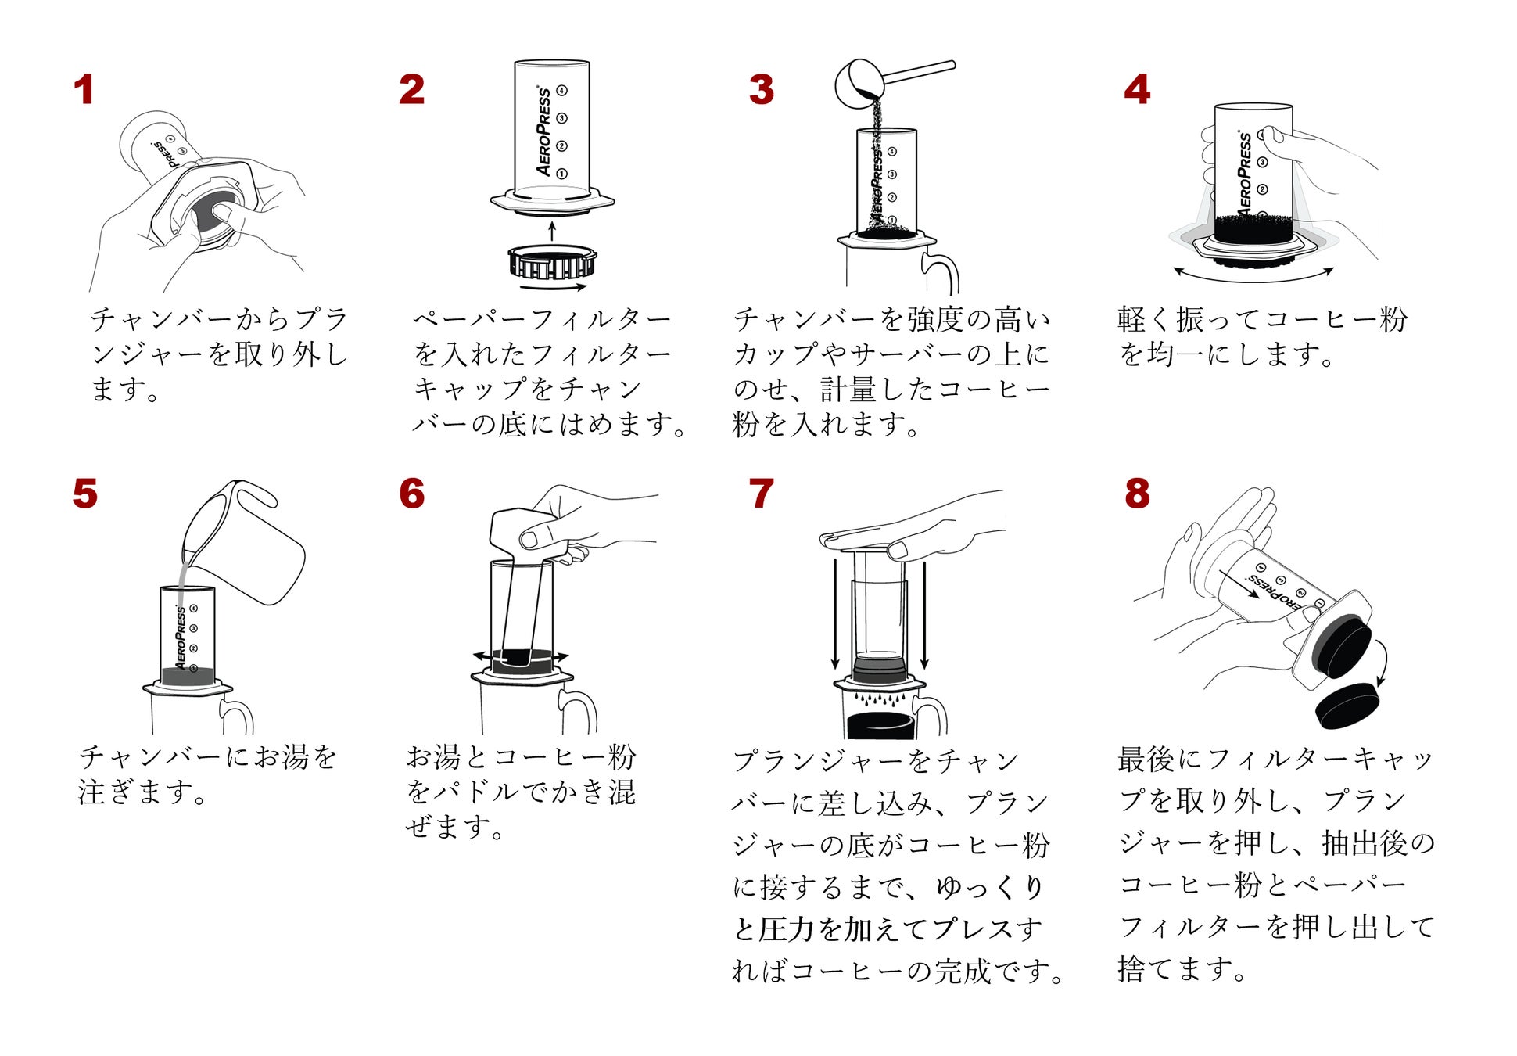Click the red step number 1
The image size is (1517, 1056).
(x=84, y=90)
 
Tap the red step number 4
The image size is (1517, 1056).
(x=1137, y=90)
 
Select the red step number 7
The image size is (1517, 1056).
(x=761, y=494)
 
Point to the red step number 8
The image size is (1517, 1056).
(x=1137, y=494)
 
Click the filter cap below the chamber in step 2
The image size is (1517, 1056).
(x=552, y=262)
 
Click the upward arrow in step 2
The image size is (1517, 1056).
(x=552, y=231)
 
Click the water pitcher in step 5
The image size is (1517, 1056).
(x=250, y=548)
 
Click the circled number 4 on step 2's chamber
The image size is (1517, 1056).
(x=562, y=91)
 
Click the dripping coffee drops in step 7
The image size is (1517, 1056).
(x=880, y=697)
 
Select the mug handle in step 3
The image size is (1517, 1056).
(x=943, y=270)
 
